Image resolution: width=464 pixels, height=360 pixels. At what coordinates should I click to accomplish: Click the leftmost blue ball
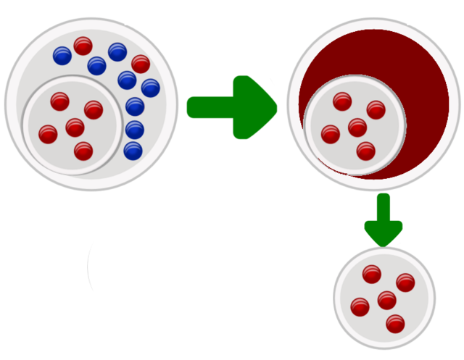[62, 55]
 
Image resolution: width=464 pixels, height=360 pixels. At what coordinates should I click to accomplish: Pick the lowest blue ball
[133, 151]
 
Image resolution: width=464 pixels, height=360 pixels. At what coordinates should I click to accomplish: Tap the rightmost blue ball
[150, 88]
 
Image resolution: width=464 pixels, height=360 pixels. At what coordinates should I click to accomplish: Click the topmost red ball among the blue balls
[83, 46]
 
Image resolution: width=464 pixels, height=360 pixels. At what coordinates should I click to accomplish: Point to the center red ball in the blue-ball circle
[75, 127]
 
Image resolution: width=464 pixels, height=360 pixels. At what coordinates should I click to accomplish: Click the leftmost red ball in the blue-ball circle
[48, 134]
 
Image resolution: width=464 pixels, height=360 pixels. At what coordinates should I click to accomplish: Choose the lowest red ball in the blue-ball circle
[83, 151]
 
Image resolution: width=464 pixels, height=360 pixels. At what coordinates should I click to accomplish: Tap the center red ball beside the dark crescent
[357, 127]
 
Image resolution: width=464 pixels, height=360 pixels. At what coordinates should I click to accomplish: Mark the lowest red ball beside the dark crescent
[366, 151]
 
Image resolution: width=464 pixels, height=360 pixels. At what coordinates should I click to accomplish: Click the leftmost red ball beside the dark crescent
[331, 134]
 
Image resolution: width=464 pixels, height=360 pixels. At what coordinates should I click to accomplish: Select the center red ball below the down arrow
[387, 300]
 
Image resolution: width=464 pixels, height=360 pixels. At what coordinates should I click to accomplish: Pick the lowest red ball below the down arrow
[395, 323]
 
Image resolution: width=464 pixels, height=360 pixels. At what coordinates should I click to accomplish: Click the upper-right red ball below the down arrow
[405, 282]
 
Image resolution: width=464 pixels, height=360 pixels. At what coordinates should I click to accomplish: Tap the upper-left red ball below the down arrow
[371, 274]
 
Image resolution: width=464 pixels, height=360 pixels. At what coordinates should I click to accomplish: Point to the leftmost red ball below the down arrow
[360, 306]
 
